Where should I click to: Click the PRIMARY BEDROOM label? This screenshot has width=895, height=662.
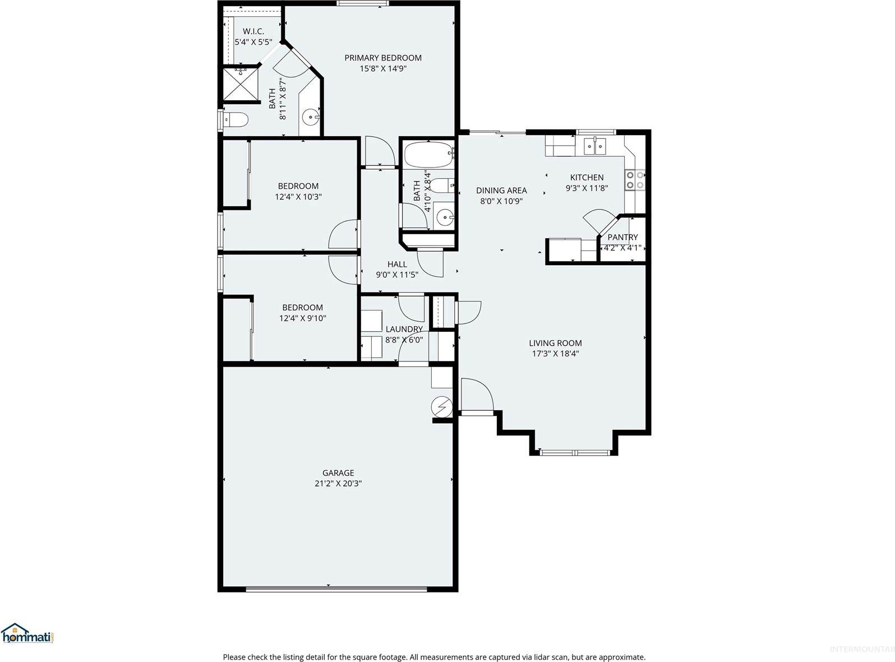[x=382, y=58]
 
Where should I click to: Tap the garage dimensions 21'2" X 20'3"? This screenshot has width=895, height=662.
[x=338, y=483]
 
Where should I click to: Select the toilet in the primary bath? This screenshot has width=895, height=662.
[x=236, y=119]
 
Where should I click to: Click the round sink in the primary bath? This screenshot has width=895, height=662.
[x=310, y=118]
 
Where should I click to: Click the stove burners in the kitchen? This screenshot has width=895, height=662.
[x=635, y=179]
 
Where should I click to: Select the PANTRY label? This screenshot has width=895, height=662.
[x=622, y=237]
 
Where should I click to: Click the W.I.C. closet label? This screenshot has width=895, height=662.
[x=253, y=31]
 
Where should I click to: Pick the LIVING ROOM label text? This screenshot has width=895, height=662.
[x=555, y=343]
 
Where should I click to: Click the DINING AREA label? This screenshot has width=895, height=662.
[x=501, y=191]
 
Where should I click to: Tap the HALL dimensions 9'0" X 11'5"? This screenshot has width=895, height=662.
[x=397, y=275]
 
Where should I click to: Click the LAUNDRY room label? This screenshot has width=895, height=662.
[x=404, y=329]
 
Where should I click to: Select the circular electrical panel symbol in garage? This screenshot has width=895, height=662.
[x=442, y=406]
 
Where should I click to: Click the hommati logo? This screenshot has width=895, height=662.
[x=28, y=634]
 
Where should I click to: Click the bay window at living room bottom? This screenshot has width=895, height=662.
[x=574, y=452]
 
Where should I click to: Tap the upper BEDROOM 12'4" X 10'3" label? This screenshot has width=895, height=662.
[x=298, y=186]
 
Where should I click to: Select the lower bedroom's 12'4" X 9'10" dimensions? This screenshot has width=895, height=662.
[x=302, y=318]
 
